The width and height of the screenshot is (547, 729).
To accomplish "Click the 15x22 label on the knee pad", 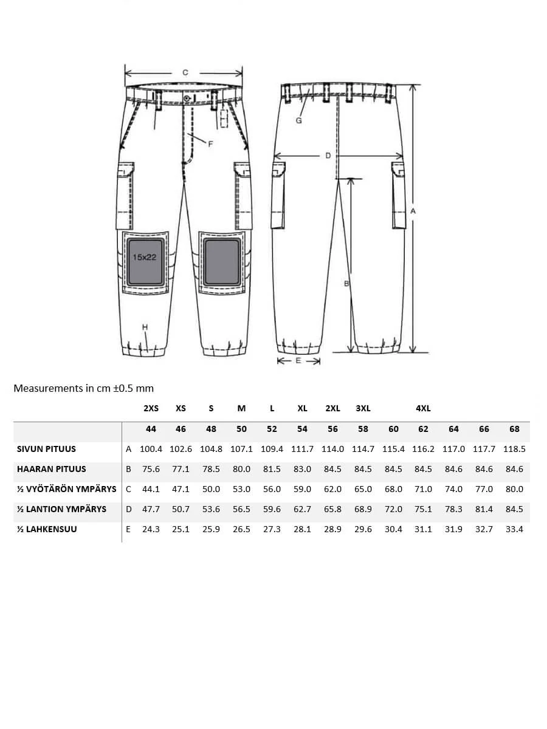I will click(x=144, y=257).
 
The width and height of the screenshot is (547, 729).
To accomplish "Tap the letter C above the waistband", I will click(x=185, y=72).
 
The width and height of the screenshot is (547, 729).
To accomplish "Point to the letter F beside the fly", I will click(x=210, y=144).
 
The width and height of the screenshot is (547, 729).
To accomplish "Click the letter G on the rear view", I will click(x=298, y=120).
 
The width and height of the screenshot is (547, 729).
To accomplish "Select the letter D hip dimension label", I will click(x=328, y=156).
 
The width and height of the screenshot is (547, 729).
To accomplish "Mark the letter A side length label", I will click(x=413, y=210).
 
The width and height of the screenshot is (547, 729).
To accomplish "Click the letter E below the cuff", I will click(x=298, y=361).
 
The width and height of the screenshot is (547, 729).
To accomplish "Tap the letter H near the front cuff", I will click(x=145, y=327).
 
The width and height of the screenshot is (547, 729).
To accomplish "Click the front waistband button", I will click(x=186, y=98).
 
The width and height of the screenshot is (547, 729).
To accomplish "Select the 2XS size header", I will click(x=151, y=408).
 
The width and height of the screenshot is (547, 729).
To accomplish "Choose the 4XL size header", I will click(x=423, y=408).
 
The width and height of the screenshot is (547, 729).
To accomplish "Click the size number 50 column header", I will click(x=241, y=429).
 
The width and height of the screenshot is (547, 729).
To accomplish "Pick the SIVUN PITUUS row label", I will click(x=47, y=449).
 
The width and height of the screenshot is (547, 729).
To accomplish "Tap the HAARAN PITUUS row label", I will click(x=52, y=469).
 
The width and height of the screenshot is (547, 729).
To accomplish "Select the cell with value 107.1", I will click(x=241, y=449).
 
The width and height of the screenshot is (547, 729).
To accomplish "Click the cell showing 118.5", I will click(x=514, y=449).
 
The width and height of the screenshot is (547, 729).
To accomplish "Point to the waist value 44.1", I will click(x=151, y=489).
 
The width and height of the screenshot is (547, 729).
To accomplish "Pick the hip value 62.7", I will click(x=302, y=509).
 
